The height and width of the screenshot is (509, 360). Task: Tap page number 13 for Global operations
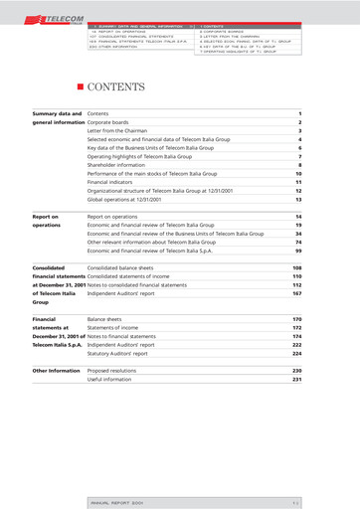297,200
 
